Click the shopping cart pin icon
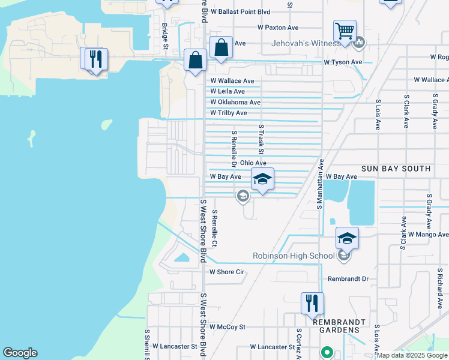tap(345, 31)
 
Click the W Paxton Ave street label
tap(277, 28)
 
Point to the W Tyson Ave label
tap(343, 62)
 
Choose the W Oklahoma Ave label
tap(235, 102)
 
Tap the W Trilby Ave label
tap(229, 113)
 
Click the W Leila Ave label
tap(228, 91)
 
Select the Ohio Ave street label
tap(253, 163)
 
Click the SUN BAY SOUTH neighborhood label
tap(396, 169)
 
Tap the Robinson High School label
tap(294, 256)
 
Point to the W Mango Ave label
tap(428, 235)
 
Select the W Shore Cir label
tap(226, 272)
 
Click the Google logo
tap(20, 353)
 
